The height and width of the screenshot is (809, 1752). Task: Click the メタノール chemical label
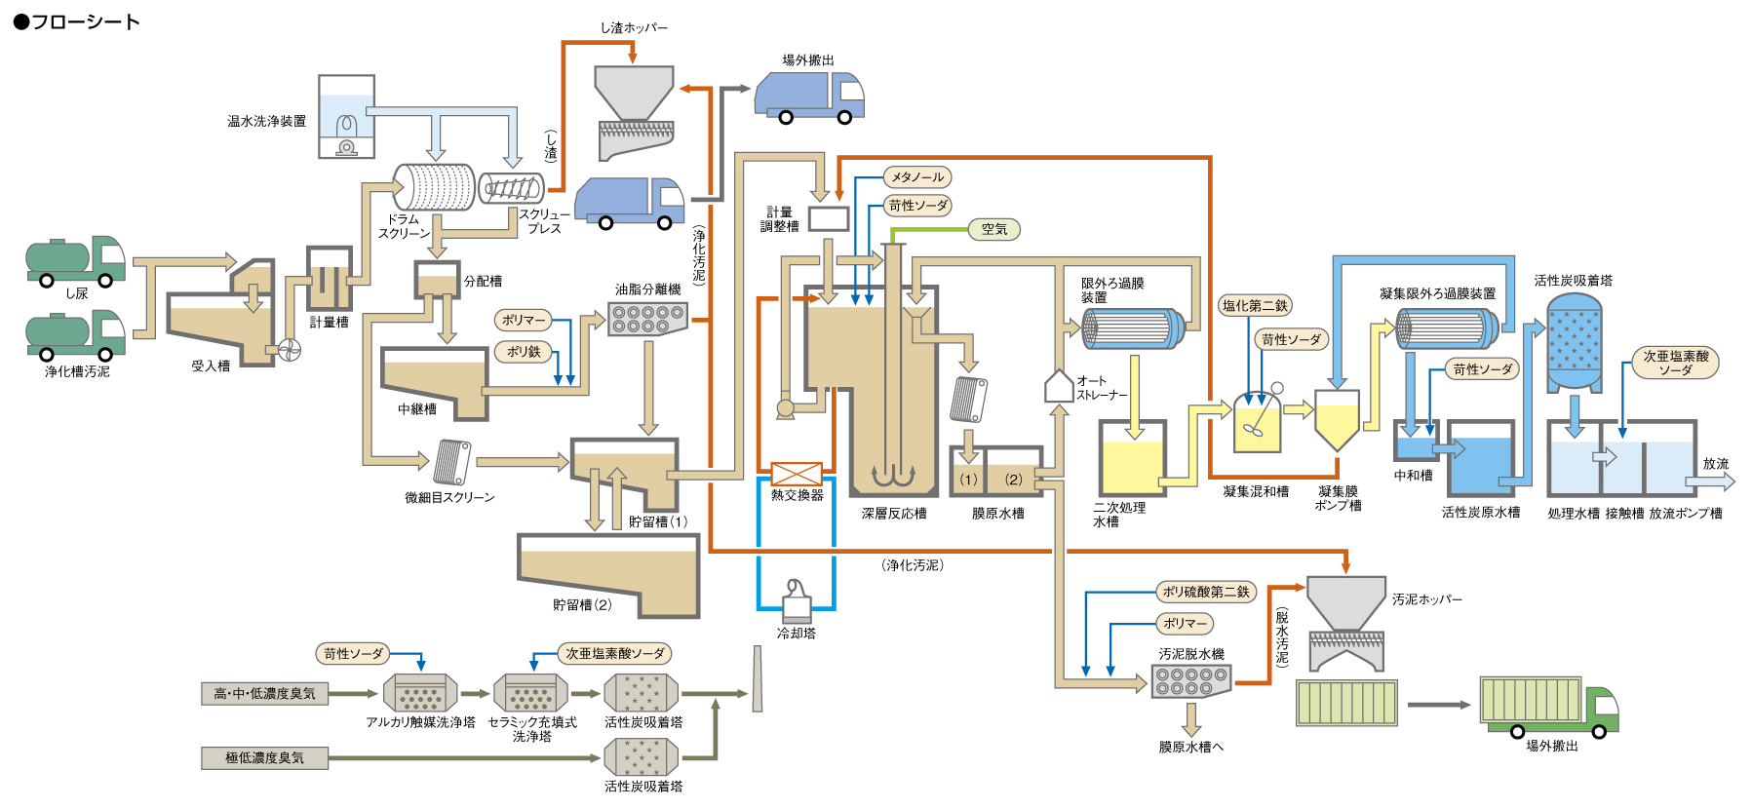916,177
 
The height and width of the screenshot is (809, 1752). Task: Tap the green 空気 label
993,229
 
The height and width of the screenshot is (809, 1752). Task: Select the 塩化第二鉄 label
1255,305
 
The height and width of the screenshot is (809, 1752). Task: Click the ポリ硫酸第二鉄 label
1205,592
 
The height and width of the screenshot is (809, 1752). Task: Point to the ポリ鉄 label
524,352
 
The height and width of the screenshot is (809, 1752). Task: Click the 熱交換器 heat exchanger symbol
797,474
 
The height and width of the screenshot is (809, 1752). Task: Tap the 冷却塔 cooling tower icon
797,601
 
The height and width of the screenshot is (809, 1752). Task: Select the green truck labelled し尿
75,260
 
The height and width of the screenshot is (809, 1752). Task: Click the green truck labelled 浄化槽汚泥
75,335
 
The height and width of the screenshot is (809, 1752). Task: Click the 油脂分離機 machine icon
647,319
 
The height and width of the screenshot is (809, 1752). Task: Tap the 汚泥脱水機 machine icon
1191,680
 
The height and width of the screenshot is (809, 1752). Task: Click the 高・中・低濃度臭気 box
264,694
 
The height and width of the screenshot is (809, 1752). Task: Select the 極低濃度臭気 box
264,758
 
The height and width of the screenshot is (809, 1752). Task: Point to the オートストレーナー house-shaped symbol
1059,386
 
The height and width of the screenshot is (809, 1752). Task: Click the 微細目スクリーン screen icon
452,462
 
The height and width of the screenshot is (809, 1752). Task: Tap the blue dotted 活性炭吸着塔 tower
1575,341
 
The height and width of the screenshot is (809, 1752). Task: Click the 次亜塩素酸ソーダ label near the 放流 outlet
1675,363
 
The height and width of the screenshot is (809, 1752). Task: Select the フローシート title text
77,21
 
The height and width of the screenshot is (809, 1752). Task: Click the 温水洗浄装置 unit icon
346,117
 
